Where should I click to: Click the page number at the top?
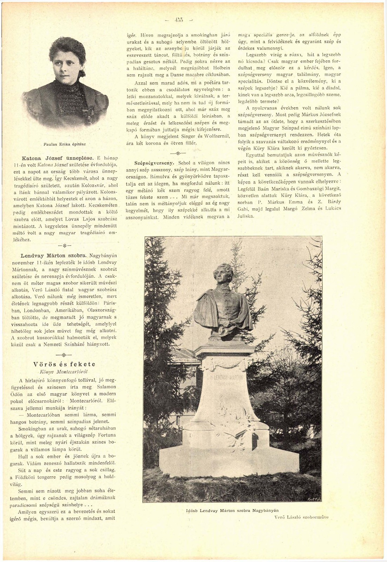(179, 20)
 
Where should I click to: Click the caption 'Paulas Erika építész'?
(65, 144)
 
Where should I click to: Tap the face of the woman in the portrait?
(68, 67)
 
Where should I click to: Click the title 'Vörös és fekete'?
(65, 364)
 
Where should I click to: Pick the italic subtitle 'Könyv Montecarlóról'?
(64, 371)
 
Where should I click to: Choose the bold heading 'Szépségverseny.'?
(154, 163)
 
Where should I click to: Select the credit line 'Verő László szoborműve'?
(302, 517)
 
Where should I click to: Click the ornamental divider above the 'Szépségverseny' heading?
(178, 153)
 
